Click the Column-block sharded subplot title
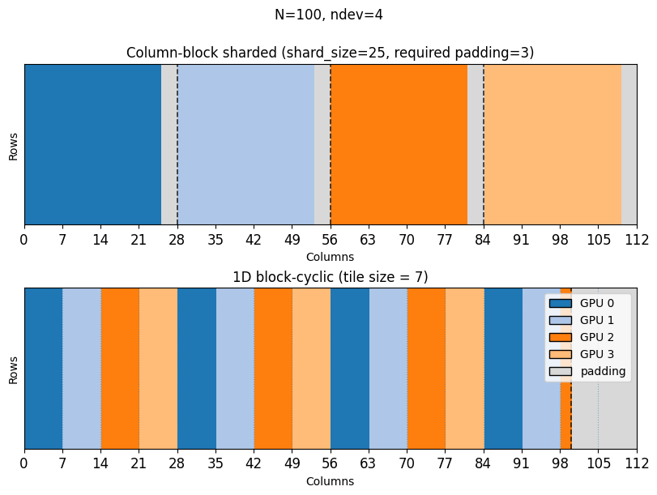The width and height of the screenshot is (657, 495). pos(330,53)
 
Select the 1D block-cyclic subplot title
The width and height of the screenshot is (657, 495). pos(330,277)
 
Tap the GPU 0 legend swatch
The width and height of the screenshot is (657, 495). pos(560,303)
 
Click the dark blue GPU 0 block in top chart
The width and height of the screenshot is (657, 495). pos(92,144)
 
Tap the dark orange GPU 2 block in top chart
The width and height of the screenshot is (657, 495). pos(399,144)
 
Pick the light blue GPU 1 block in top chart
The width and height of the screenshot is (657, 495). pos(245,144)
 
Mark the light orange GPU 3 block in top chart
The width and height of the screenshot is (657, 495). pos(552,144)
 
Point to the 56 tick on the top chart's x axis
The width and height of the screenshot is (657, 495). pos(330,239)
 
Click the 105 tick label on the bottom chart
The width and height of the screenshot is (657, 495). pos(598,463)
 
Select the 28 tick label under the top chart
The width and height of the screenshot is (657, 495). pos(177,239)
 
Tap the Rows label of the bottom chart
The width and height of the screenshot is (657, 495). pos(13,368)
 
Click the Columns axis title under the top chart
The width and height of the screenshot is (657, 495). pos(330,257)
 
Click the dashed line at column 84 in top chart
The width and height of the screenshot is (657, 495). pos(484,144)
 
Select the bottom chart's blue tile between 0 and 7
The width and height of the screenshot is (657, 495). pos(43,368)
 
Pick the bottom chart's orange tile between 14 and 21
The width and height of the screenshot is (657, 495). pos(120,368)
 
